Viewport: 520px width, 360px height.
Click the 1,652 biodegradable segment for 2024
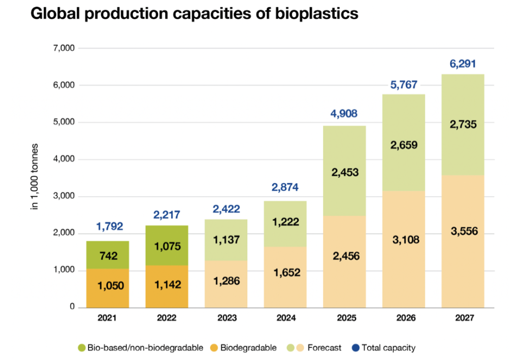pos(285,272)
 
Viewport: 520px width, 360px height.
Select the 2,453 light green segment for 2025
pos(344,172)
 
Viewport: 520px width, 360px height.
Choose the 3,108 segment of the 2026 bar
pos(403,240)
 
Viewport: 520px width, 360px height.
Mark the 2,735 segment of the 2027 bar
pos(462,123)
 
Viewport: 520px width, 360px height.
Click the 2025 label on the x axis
pos(344,318)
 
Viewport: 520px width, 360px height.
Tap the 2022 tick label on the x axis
pos(167,318)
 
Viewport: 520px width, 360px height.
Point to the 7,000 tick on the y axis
pos(64,48)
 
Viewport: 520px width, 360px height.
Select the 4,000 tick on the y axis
pos(64,159)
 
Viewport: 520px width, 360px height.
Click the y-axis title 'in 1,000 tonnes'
pos(35,177)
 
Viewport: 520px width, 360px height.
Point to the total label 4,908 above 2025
pos(344,114)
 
